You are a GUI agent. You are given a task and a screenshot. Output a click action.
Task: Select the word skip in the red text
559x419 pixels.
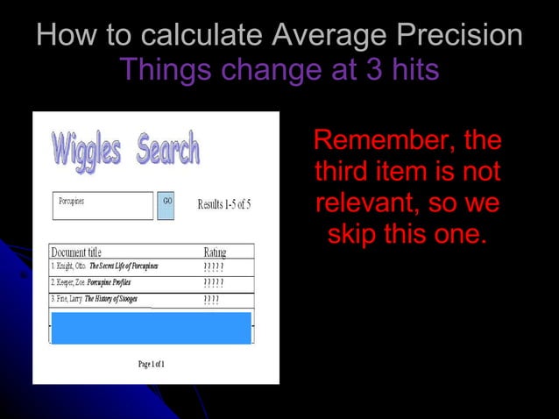tap(355, 235)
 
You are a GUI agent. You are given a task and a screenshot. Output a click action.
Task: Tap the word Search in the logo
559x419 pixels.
tap(168, 151)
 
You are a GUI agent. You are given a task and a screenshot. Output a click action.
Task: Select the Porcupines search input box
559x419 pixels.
tap(103, 205)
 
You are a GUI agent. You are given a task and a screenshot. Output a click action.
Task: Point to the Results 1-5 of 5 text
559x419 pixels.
tap(224, 205)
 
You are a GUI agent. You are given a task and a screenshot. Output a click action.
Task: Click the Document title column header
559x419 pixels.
tap(76, 252)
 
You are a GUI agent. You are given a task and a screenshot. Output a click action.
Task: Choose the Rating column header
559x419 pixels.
tap(215, 252)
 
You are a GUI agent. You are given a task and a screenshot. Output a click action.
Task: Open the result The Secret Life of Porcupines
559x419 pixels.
tap(123, 266)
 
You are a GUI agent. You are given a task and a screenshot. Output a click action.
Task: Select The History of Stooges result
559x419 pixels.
tap(110, 299)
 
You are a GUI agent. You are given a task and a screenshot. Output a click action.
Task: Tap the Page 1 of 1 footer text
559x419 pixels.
tap(151, 363)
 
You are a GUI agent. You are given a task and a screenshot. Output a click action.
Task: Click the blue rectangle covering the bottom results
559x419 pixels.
tap(152, 327)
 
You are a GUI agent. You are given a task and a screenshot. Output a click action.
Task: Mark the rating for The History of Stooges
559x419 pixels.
tap(211, 300)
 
